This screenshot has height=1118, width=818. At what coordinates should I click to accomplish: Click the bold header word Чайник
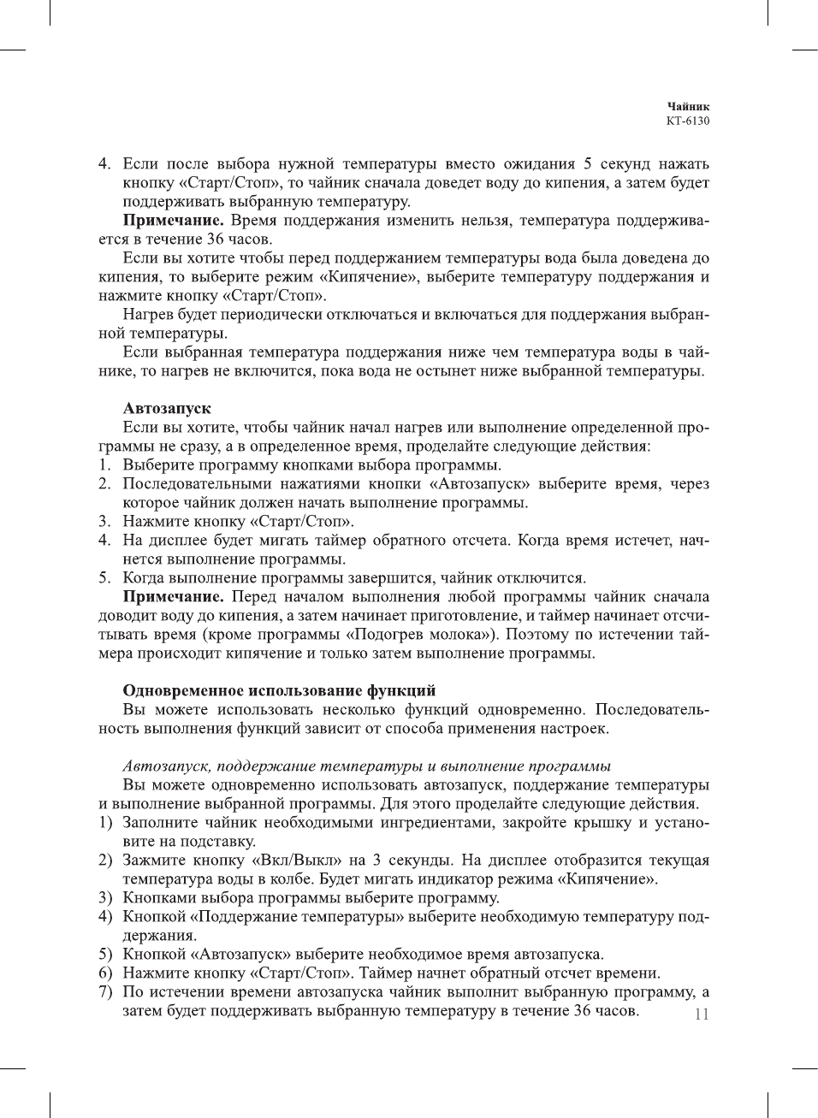click(x=688, y=107)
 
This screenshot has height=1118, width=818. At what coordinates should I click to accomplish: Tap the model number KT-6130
click(x=688, y=121)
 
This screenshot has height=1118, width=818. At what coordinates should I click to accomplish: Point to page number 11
click(x=702, y=1014)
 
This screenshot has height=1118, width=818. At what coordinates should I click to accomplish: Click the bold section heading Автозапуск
click(x=167, y=409)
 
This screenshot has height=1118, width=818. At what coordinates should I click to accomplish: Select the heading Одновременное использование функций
click(x=279, y=691)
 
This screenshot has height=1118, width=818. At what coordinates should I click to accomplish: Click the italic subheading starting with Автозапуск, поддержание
click(x=366, y=766)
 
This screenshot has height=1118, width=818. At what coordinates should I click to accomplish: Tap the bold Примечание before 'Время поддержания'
click(x=174, y=221)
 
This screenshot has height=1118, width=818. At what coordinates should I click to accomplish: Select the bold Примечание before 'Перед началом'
click(x=174, y=597)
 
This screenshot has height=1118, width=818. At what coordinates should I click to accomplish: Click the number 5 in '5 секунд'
click(x=588, y=164)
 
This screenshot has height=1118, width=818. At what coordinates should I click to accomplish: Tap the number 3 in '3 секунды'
click(x=377, y=861)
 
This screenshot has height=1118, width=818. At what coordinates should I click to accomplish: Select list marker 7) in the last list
click(x=105, y=992)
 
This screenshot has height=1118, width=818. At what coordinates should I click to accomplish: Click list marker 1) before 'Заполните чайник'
click(x=105, y=823)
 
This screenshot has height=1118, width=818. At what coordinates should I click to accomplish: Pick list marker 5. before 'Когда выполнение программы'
click(x=104, y=578)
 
